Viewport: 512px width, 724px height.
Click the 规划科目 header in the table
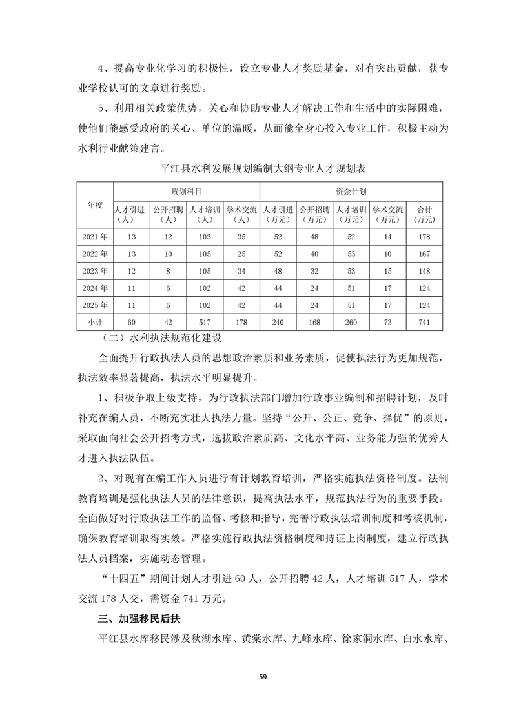click(187, 192)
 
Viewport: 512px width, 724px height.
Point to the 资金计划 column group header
click(351, 192)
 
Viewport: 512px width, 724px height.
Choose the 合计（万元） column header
click(425, 214)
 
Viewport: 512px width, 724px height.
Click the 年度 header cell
click(95, 204)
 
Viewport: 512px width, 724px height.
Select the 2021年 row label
click(95, 237)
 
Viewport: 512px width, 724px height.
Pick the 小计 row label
click(95, 321)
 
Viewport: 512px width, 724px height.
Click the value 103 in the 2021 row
click(205, 237)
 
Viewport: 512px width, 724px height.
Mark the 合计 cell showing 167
click(425, 254)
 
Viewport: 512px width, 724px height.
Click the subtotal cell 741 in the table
click(425, 321)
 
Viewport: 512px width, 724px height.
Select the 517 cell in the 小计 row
click(205, 321)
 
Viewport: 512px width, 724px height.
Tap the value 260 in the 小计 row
click(351, 321)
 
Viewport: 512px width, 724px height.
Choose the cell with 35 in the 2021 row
click(241, 237)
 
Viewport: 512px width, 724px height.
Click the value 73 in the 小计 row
click(388, 321)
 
